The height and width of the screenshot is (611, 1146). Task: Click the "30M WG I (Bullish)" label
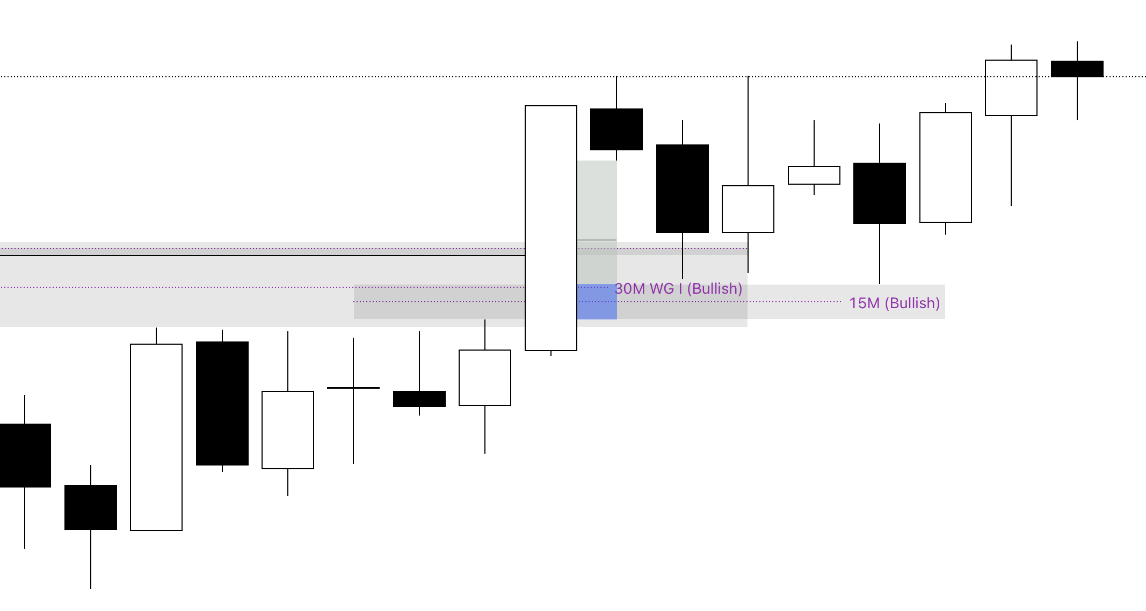678,289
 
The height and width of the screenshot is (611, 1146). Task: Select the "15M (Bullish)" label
894,303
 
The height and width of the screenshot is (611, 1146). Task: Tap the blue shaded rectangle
597,302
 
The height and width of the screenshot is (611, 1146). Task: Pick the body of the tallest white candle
551,228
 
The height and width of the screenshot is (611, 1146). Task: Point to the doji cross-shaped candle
353,388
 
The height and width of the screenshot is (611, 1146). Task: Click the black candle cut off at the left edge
25,455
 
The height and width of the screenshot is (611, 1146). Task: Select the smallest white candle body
814,176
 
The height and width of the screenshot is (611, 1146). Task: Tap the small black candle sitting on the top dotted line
1077,69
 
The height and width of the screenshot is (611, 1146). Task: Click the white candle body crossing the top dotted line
1011,88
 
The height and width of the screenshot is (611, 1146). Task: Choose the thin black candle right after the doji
419,399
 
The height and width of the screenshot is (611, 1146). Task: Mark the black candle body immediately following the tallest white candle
616,129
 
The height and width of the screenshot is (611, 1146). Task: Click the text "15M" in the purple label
864,303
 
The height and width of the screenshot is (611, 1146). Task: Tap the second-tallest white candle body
156,437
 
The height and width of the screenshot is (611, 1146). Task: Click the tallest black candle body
222,403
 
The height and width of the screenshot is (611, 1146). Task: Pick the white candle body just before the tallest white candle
484,378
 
